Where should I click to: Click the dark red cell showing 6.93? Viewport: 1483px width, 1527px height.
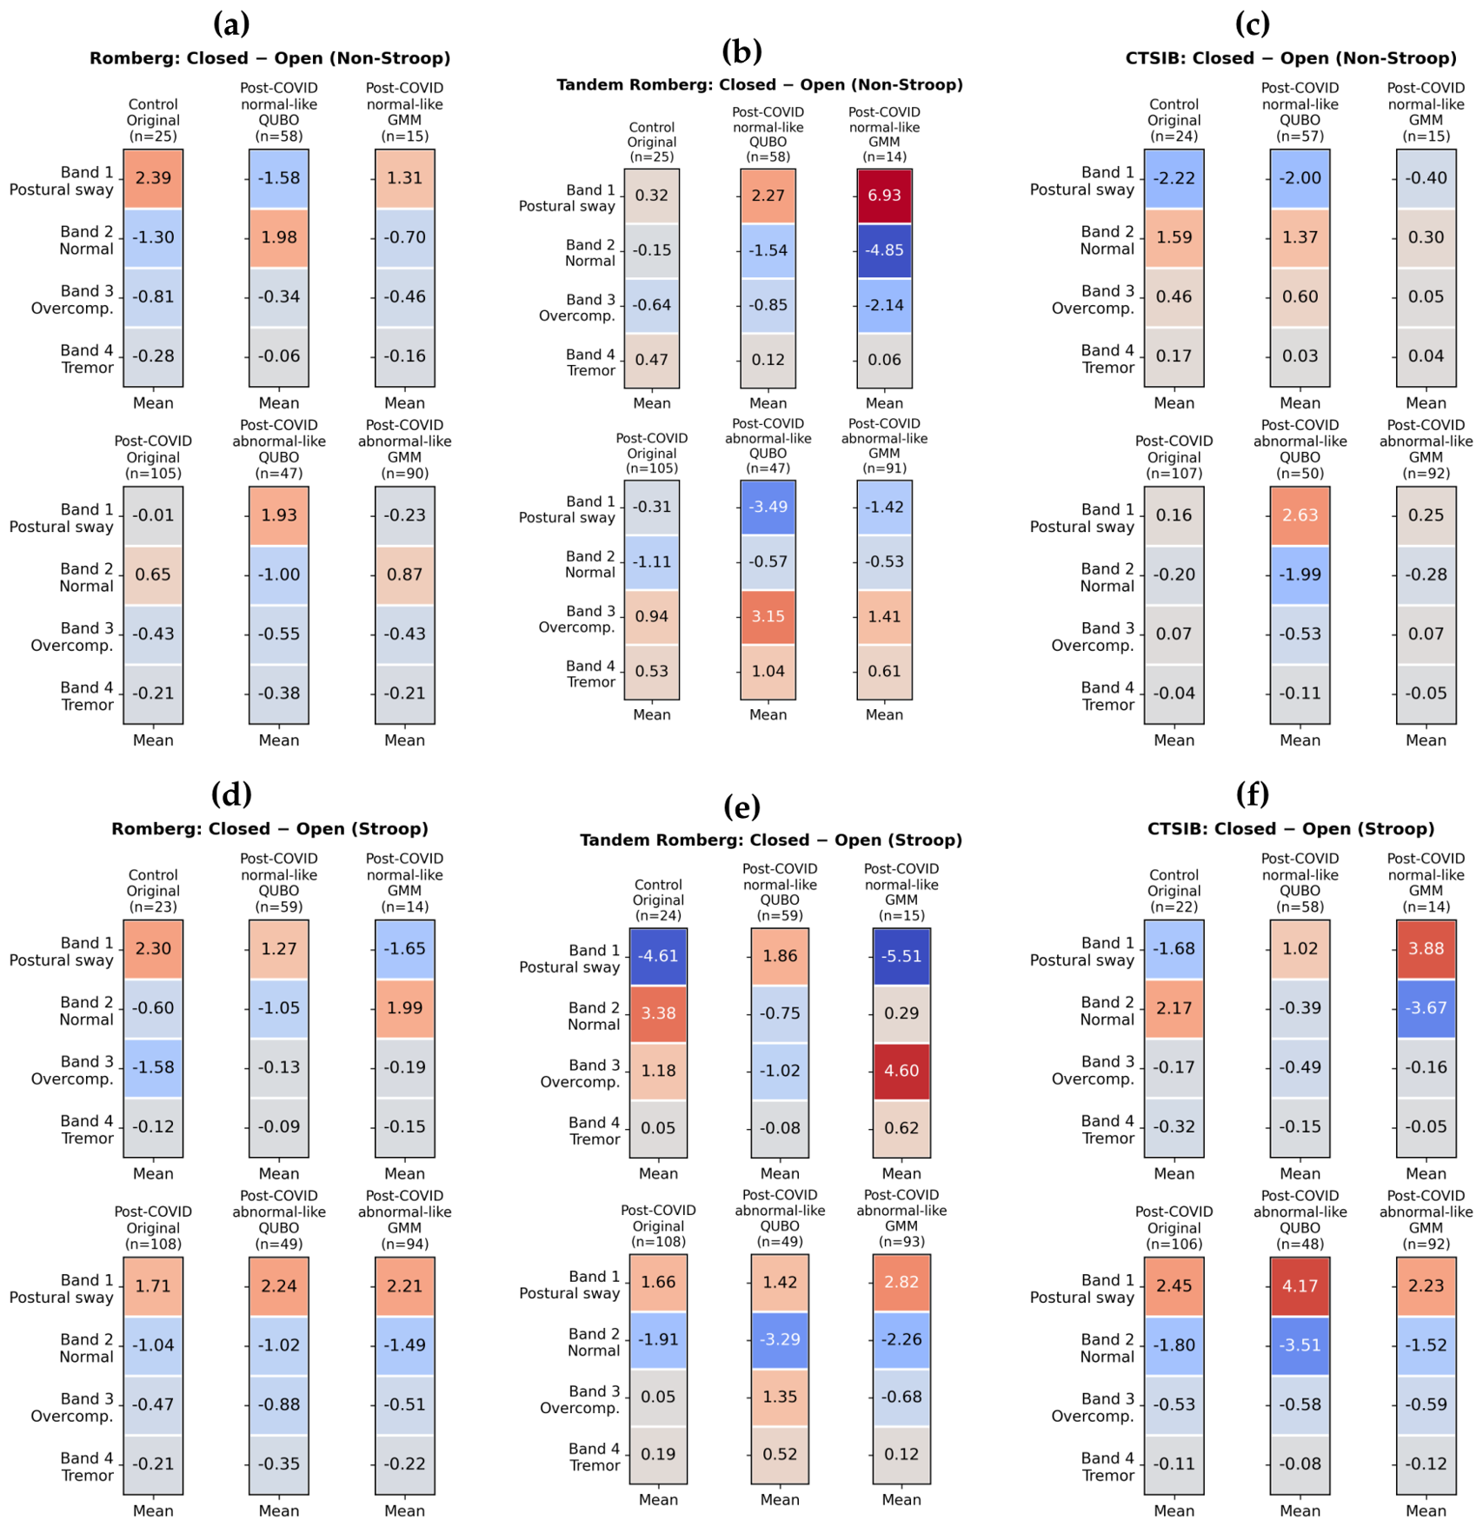point(884,196)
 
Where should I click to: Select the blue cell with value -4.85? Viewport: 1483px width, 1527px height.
point(884,250)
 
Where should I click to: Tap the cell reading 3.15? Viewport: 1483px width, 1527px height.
point(768,617)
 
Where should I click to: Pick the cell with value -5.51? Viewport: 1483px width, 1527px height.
point(901,956)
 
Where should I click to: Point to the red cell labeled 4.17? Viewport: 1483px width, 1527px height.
point(1300,1286)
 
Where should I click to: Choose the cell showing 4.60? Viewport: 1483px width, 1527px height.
point(901,1071)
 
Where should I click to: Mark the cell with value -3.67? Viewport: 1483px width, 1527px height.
point(1426,1008)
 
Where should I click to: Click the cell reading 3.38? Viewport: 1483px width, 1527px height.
point(658,1013)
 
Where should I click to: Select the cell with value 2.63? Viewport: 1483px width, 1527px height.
point(1300,515)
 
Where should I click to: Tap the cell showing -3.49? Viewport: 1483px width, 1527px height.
point(768,507)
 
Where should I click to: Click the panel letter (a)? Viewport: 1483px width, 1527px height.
point(231,23)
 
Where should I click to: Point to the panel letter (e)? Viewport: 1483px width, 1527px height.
point(741,807)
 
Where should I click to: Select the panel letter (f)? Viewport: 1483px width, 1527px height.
point(1252,793)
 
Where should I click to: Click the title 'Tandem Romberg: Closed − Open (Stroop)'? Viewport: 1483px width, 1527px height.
point(771,840)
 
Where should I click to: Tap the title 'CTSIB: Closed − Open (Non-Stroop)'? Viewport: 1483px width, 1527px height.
point(1291,58)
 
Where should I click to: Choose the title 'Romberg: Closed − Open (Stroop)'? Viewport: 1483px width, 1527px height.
point(269,829)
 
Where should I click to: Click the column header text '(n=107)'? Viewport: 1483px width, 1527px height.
point(1174,474)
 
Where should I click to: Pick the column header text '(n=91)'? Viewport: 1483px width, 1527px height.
point(884,468)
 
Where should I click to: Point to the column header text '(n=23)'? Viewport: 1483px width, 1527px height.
point(153,907)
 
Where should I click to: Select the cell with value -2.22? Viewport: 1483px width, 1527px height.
point(1174,178)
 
